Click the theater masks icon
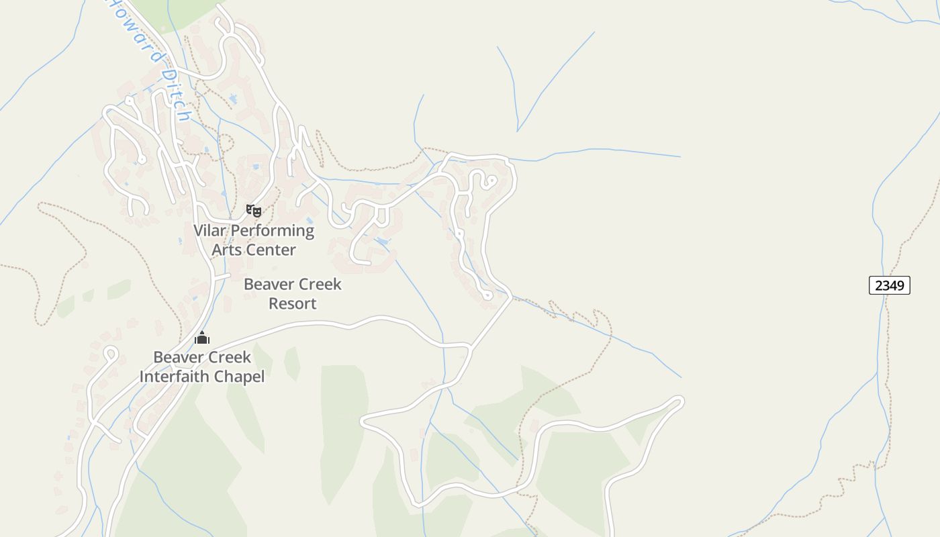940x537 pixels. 253,211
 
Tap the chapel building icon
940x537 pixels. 202,338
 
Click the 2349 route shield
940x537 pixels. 890,285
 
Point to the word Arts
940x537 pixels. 226,250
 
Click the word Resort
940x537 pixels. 292,303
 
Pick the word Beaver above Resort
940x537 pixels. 267,285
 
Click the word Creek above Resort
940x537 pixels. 318,285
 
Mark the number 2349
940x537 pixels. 890,285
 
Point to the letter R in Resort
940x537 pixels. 273,303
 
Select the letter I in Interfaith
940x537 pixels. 142,377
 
